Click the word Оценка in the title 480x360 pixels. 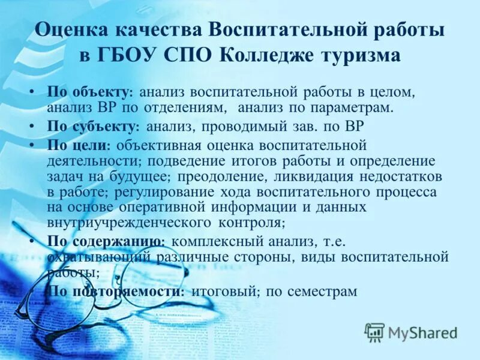click(x=67, y=30)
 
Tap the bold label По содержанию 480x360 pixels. click(x=106, y=241)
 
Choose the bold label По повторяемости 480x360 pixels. click(x=115, y=291)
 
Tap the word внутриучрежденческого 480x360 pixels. click(x=126, y=223)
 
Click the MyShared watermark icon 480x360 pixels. click(x=374, y=332)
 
